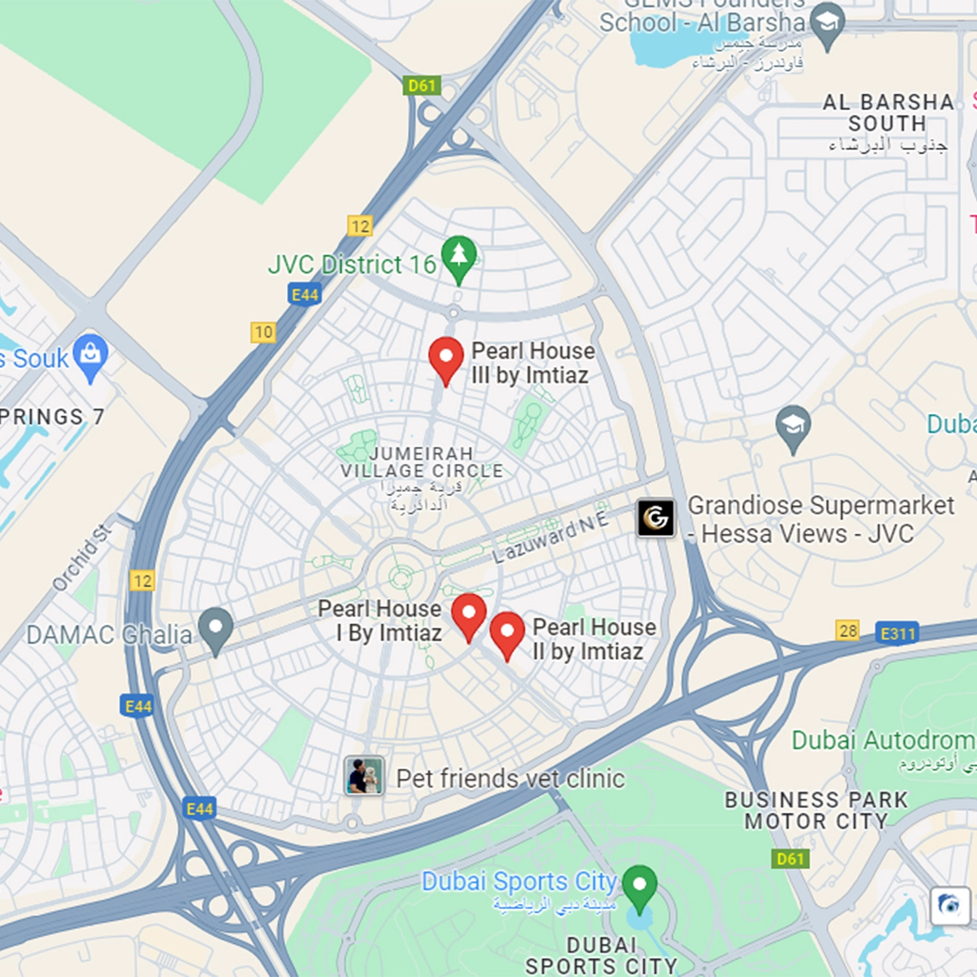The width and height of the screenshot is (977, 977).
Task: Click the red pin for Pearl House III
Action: [446, 357]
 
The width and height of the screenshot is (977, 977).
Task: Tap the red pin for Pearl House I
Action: [469, 613]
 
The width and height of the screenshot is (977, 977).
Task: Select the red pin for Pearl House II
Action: [507, 632]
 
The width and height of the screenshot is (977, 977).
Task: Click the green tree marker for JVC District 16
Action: [459, 256]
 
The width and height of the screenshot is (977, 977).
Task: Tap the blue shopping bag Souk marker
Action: [91, 354]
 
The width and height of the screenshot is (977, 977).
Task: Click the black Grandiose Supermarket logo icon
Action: [656, 518]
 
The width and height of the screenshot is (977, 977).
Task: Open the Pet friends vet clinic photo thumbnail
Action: [364, 776]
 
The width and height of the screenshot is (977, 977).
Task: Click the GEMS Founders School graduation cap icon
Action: [828, 23]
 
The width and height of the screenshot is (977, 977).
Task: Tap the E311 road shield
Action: [898, 633]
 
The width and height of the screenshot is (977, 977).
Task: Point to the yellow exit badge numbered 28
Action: [848, 630]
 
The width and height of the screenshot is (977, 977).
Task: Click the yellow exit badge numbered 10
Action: [263, 332]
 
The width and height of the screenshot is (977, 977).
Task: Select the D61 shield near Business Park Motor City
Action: [790, 858]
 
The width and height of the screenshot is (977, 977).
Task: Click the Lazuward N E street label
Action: [550, 538]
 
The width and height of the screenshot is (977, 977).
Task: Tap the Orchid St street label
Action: [81, 558]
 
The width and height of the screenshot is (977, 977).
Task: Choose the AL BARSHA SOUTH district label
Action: [888, 113]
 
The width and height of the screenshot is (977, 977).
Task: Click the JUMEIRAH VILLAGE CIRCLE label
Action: [422, 462]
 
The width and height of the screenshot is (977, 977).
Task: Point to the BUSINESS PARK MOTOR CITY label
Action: [816, 810]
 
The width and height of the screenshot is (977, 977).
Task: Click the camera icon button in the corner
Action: [950, 904]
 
